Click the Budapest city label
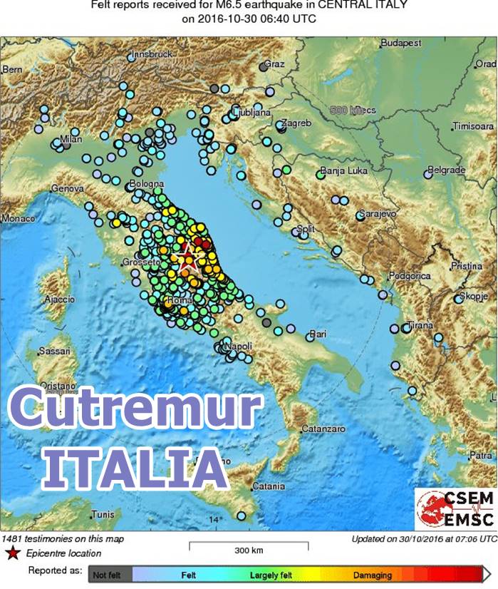coord(401,43)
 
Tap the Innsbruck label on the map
coord(151,54)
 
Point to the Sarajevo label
coord(380,213)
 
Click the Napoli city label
coord(238,346)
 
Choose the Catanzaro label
coord(323,429)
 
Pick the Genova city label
coord(68,188)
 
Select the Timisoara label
coord(472,126)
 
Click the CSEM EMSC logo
coord(455,509)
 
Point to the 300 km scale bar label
coord(249,550)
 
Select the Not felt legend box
coord(108,575)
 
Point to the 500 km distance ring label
coord(353,111)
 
